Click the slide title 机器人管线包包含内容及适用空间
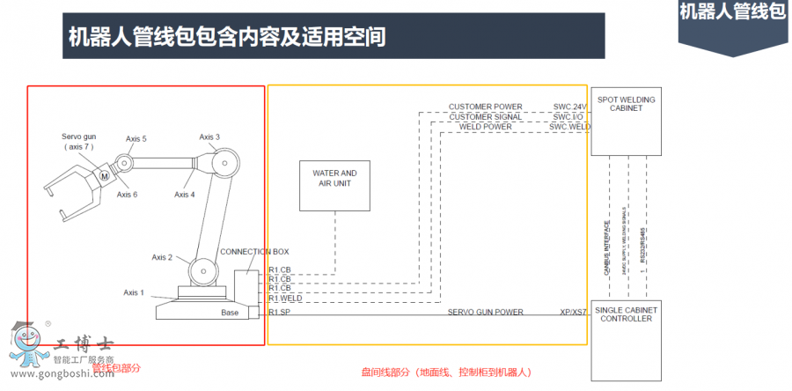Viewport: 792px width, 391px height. pyautogui.click(x=227, y=37)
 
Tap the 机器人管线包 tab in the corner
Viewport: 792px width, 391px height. pyautogui.click(x=732, y=12)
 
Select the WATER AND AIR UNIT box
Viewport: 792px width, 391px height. pyautogui.click(x=334, y=184)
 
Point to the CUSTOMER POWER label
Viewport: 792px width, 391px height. pyautogui.click(x=485, y=107)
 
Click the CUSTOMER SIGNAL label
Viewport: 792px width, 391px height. pyautogui.click(x=485, y=117)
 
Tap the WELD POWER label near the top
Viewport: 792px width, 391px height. pyautogui.click(x=486, y=127)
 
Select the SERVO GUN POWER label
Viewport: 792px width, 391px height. pyautogui.click(x=485, y=313)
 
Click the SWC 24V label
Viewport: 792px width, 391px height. pyautogui.click(x=568, y=107)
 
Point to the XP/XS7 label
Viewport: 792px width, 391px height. pyautogui.click(x=574, y=313)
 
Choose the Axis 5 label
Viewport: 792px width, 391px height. pyautogui.click(x=136, y=139)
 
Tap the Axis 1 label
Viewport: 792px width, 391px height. pyautogui.click(x=134, y=292)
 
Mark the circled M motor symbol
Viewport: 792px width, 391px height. pyautogui.click(x=105, y=177)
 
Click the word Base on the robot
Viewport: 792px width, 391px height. pyautogui.click(x=230, y=313)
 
